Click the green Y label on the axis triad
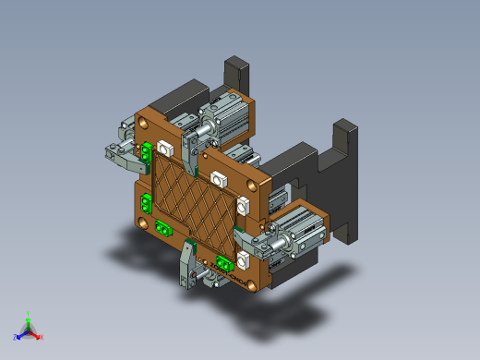click(x=29, y=313)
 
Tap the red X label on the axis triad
click(x=41, y=337)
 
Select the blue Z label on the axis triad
click(x=16, y=337)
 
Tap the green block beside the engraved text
click(x=224, y=260)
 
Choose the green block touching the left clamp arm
click(x=146, y=151)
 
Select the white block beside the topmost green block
click(x=167, y=147)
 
